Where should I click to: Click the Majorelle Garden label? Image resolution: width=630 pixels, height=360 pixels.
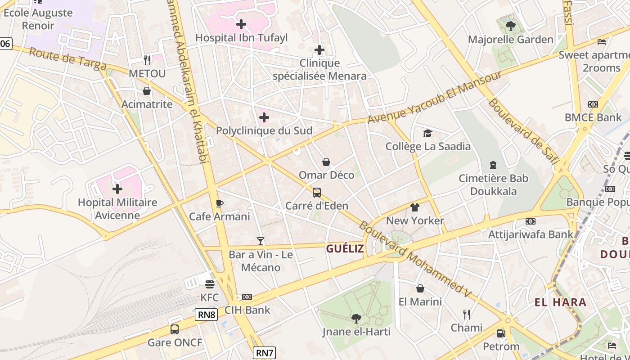(510, 40)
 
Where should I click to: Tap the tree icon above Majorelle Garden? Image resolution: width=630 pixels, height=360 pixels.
(510, 26)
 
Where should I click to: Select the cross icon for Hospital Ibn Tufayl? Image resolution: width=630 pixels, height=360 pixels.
(241, 24)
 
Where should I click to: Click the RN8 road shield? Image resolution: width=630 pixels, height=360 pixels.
(207, 315)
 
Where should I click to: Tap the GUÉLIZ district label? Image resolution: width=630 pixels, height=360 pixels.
(345, 248)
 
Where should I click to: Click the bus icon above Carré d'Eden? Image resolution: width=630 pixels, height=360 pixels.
(317, 193)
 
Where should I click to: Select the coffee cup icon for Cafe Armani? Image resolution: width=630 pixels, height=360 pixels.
(220, 203)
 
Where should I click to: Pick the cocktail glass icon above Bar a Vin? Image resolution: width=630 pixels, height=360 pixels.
(261, 241)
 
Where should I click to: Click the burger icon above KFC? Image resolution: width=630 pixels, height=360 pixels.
(210, 284)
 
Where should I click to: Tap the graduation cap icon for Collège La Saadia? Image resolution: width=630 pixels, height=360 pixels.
(427, 133)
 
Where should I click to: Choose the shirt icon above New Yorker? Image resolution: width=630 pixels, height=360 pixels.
(415, 207)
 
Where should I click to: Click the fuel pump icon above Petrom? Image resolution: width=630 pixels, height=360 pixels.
(501, 333)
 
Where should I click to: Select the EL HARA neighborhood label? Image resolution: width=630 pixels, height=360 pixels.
(560, 302)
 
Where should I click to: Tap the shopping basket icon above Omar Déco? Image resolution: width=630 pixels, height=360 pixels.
(326, 162)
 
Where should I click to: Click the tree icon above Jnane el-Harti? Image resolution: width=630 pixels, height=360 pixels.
(356, 319)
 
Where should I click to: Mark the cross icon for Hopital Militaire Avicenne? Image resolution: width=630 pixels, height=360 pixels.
(117, 189)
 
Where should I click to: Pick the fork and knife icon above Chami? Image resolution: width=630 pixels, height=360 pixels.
(467, 314)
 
